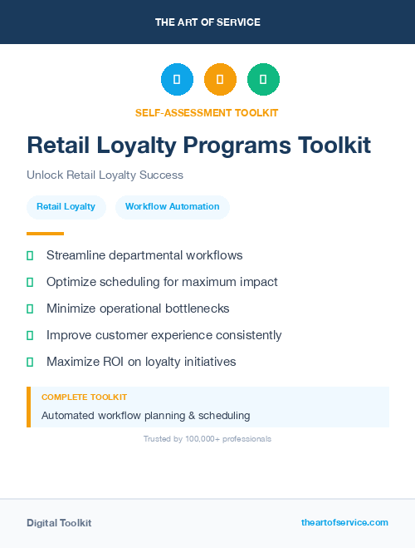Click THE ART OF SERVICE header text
pos(207,22)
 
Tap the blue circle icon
pos(177,79)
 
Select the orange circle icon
pos(220,79)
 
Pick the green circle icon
pos(263,79)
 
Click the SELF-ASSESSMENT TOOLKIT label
pos(207,112)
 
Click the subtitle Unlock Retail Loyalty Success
pos(105,175)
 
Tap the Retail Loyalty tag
pos(66,206)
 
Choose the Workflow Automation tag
pos(173,206)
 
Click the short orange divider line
pos(45,234)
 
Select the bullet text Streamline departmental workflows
pos(144,255)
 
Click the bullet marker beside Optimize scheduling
pos(30,282)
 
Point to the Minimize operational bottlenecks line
pos(138,309)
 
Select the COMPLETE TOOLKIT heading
pos(84,397)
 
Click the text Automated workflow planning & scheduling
pos(145,415)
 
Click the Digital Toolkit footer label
pos(59,523)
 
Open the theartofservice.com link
pos(344,522)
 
